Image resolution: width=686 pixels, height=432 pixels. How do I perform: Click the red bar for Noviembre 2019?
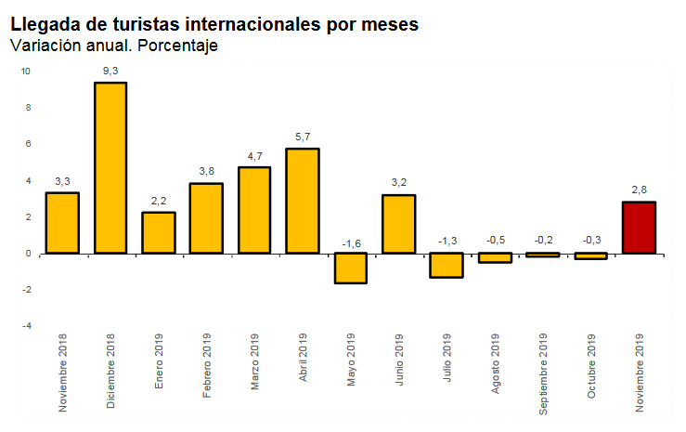(640, 228)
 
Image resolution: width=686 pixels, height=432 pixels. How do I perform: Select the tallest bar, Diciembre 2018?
(110, 167)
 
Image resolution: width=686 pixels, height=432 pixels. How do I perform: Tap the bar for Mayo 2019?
(351, 268)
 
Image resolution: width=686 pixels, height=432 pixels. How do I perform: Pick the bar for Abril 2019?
(303, 201)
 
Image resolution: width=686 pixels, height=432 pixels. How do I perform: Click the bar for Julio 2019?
(447, 265)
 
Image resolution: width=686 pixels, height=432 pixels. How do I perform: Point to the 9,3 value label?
(110, 69)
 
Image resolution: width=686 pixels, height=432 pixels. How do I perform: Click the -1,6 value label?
(351, 243)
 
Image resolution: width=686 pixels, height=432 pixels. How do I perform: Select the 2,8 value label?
(640, 190)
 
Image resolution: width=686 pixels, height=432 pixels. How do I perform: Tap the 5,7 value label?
(303, 136)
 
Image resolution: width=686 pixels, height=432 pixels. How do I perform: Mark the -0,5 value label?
(496, 240)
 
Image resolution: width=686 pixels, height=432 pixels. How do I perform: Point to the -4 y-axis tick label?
(26, 326)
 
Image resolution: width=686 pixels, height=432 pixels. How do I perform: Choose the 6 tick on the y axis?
(28, 144)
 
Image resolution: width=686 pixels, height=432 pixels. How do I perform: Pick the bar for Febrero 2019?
(206, 218)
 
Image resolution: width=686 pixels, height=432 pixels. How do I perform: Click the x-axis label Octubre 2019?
(592, 368)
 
